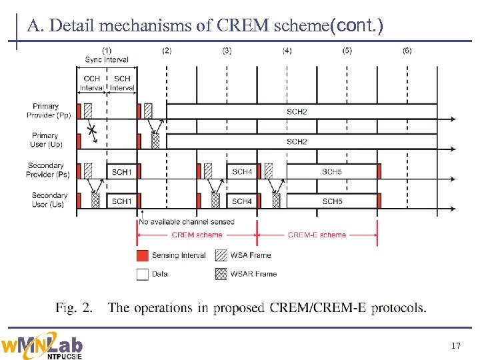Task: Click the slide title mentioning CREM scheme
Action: [205, 26]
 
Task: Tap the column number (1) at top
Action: [107, 51]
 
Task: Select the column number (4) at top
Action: [287, 51]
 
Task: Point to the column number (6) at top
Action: [407, 51]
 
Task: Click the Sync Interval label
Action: [107, 60]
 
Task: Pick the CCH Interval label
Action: [92, 83]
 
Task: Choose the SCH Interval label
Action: [122, 83]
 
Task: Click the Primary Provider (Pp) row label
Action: [49, 111]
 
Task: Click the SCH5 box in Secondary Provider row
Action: [332, 171]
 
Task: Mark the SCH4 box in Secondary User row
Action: [241, 201]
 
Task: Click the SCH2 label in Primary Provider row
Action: [297, 111]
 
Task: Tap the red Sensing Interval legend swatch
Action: [142, 255]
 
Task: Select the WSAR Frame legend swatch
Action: [221, 274]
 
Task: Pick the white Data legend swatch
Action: [142, 274]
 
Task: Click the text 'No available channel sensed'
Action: [187, 221]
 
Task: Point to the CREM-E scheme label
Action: [317, 235]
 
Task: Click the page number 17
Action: [456, 345]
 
